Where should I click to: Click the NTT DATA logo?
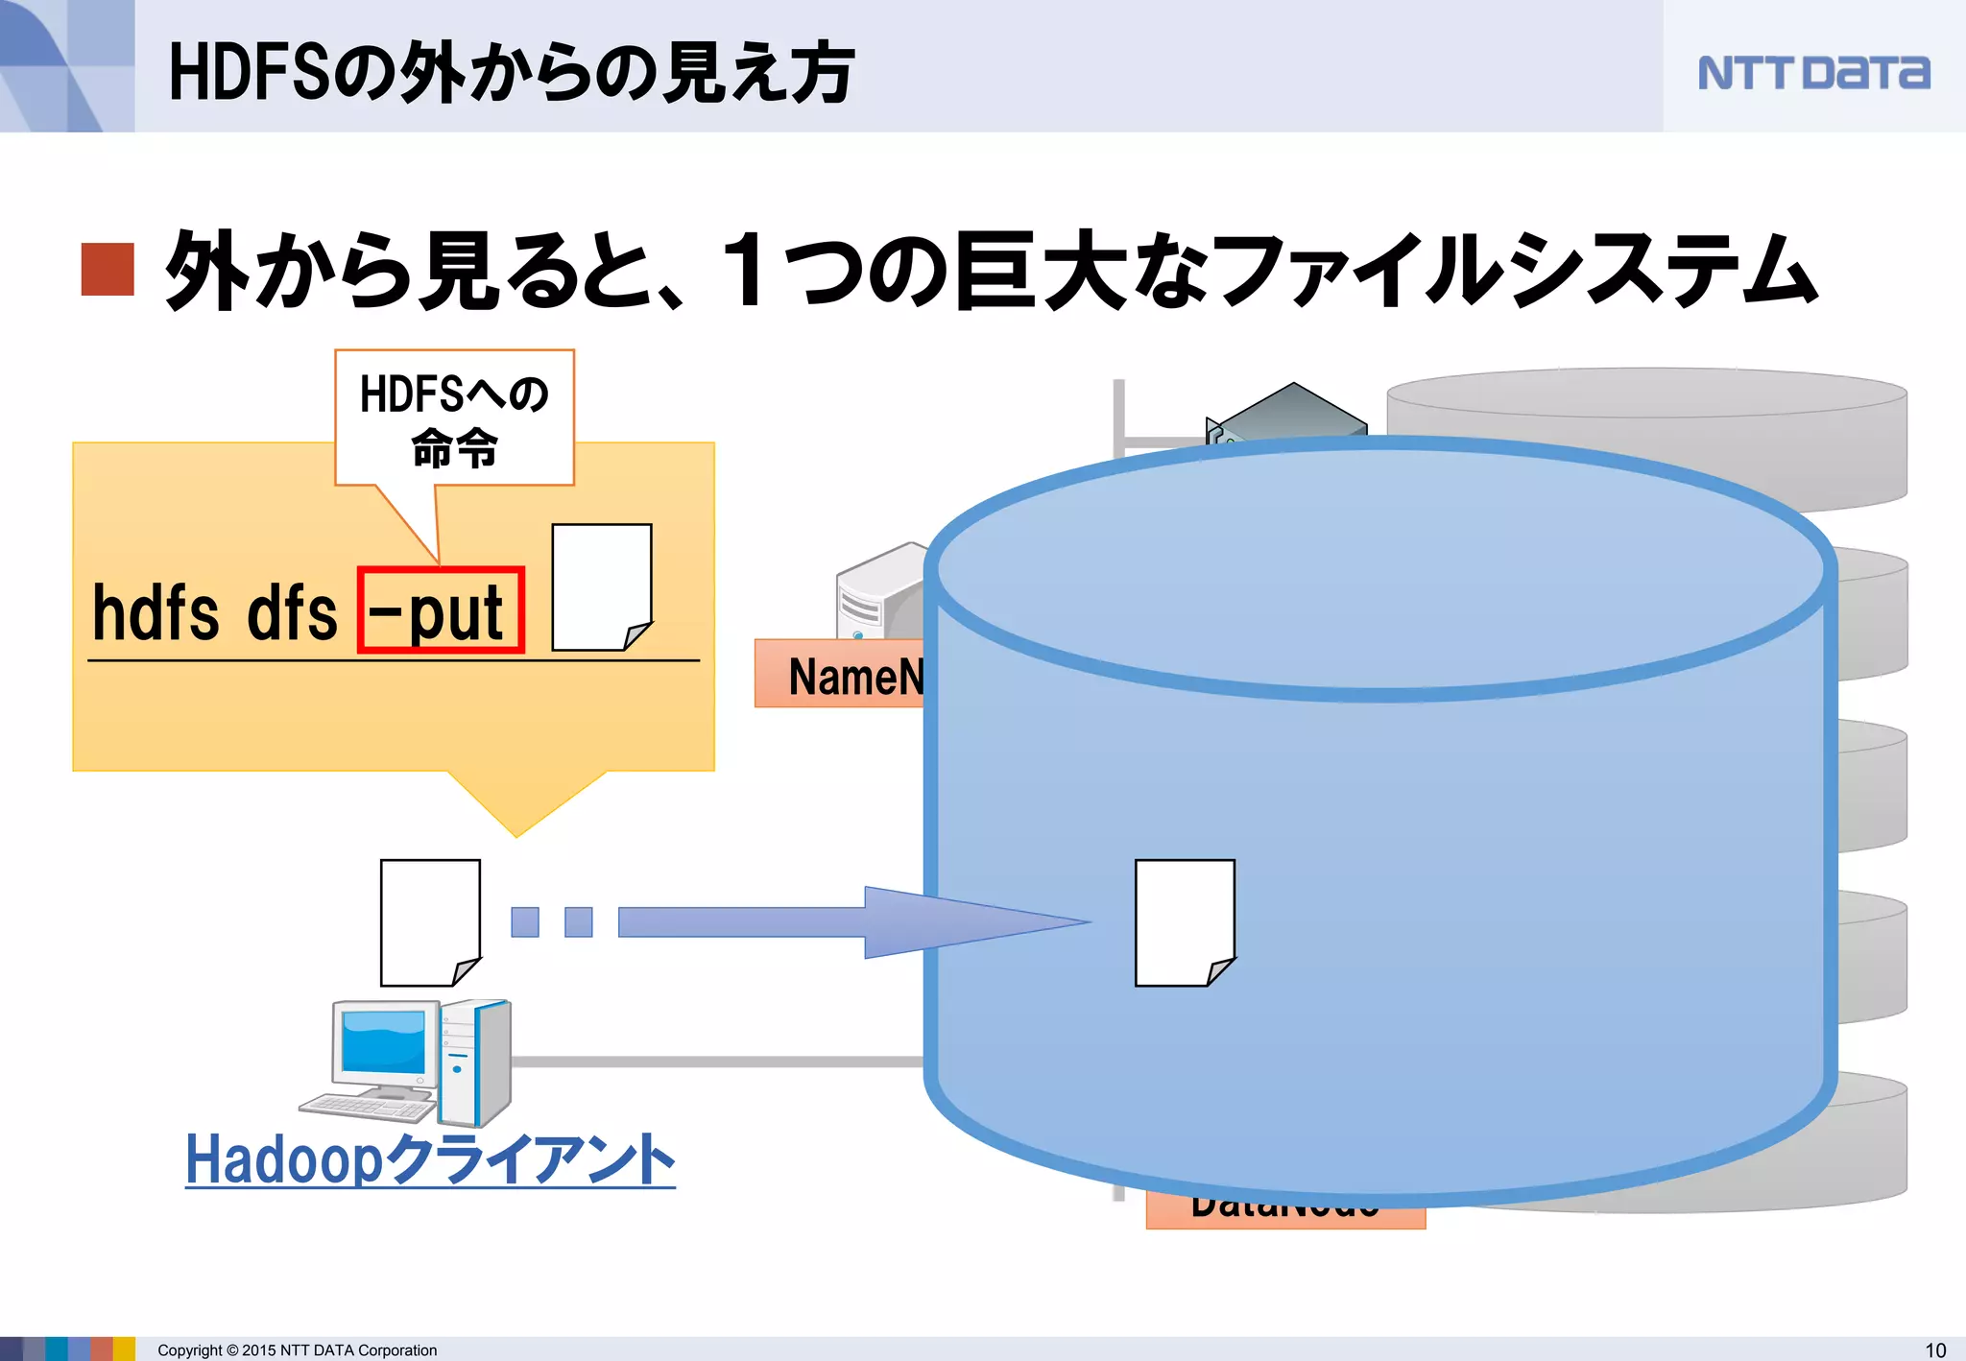pyautogui.click(x=1812, y=73)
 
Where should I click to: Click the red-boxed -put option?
pyautogui.click(x=441, y=611)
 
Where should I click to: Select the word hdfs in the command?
pyautogui.click(x=156, y=613)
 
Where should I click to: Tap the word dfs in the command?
pyautogui.click(x=292, y=613)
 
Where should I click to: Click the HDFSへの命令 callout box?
pyautogui.click(x=454, y=418)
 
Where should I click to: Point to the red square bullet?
pyautogui.click(x=107, y=269)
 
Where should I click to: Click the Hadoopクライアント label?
pyautogui.click(x=430, y=1159)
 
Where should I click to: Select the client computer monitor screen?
pyautogui.click(x=383, y=1040)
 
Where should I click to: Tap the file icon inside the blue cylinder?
pyautogui.click(x=1185, y=922)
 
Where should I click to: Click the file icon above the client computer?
pyautogui.click(x=430, y=922)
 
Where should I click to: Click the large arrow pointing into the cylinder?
pyautogui.click(x=854, y=922)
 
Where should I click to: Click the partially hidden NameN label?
pyautogui.click(x=845, y=676)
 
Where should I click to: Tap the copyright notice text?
pyautogui.click(x=297, y=1349)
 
